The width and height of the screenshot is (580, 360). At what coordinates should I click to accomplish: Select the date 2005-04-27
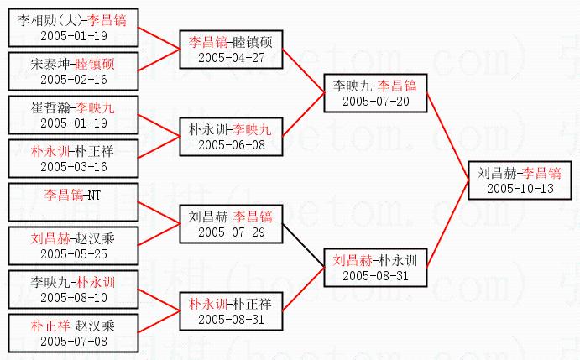tap(231, 57)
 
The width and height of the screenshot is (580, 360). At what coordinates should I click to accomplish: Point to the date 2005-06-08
tap(231, 145)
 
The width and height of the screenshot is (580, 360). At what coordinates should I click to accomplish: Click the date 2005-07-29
tap(231, 232)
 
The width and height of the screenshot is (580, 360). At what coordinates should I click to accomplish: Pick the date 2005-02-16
tap(72, 80)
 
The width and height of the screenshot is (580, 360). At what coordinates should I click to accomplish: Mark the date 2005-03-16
tap(72, 167)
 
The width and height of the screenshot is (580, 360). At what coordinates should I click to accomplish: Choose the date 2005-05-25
tap(72, 253)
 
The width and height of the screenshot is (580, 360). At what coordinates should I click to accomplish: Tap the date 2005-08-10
tap(72, 296)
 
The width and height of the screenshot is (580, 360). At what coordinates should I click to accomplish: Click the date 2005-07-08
tap(72, 341)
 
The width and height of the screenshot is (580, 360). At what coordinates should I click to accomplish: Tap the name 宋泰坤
tap(50, 65)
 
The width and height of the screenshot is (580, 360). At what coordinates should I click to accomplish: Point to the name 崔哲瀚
tap(50, 108)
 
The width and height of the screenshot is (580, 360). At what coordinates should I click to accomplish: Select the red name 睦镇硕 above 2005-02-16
tap(95, 65)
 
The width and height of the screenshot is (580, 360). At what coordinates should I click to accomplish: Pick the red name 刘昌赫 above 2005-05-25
tap(50, 238)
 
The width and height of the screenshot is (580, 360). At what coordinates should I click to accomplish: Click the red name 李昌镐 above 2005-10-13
tap(541, 173)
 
